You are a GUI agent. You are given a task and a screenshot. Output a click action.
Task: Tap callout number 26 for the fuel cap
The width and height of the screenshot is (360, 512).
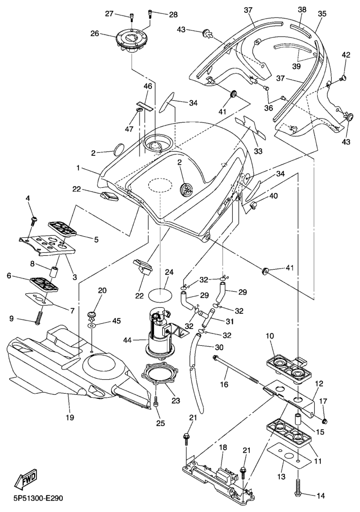pos(95,34)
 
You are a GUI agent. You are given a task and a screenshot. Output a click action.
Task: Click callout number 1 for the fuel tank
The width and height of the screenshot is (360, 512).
pos(78,168)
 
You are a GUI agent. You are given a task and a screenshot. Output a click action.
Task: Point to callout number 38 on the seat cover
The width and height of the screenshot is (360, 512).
pos(302,9)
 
